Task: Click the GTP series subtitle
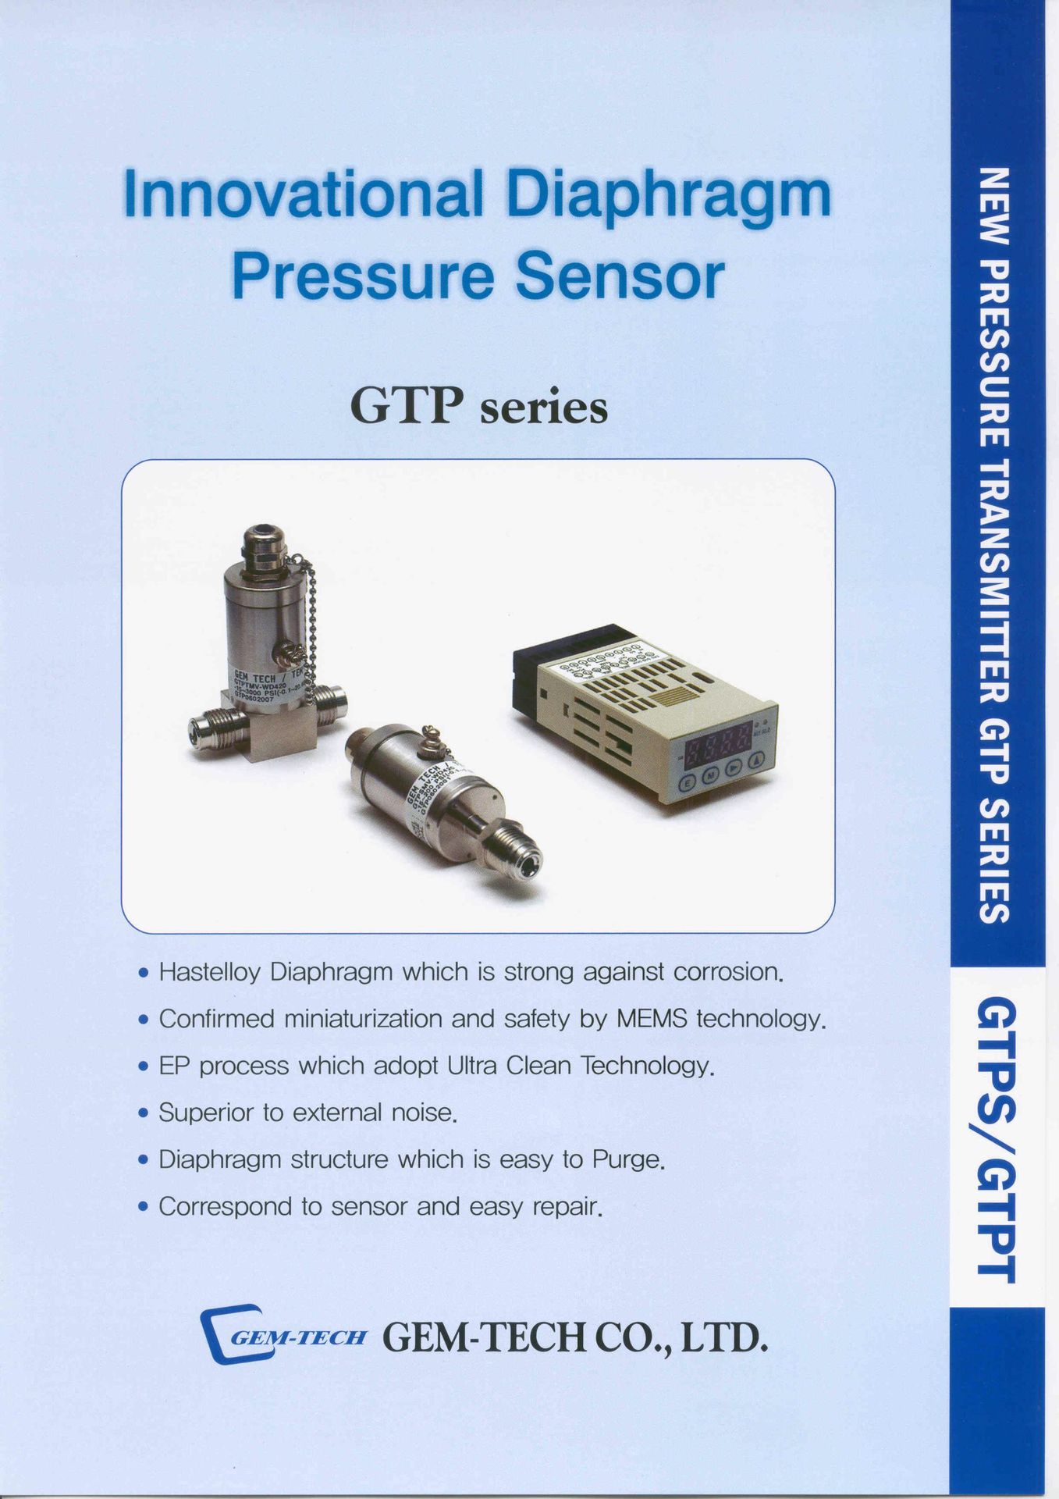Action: point(478,408)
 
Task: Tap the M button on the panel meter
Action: point(711,775)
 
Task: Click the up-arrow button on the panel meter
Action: point(757,760)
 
